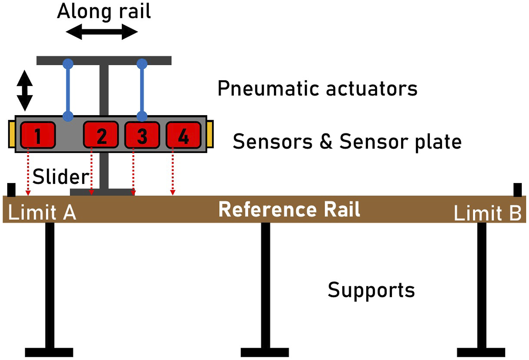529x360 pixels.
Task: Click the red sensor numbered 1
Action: coord(38,135)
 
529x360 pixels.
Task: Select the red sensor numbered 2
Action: coord(101,135)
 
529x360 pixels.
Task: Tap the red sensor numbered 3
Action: coord(142,135)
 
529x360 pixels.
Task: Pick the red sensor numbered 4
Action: coord(183,135)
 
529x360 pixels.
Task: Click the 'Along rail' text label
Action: coord(104,12)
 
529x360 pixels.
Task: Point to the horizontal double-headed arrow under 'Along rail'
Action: coord(102,32)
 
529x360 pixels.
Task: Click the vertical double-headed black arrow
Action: coord(25,90)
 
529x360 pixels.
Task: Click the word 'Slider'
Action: coord(61,177)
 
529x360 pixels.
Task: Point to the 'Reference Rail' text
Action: coord(289,209)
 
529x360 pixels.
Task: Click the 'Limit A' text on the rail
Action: coord(42,213)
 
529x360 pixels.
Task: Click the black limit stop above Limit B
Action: coord(518,190)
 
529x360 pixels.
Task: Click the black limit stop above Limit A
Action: coord(11,190)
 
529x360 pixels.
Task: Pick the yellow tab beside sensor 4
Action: coord(210,134)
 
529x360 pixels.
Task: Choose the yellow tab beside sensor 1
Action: coord(12,134)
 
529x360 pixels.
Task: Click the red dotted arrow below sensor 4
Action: coord(173,172)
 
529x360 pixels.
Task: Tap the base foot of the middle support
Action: coord(265,352)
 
